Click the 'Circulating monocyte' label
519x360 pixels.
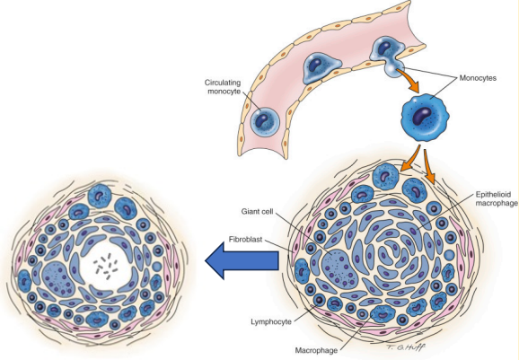coord(220,87)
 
